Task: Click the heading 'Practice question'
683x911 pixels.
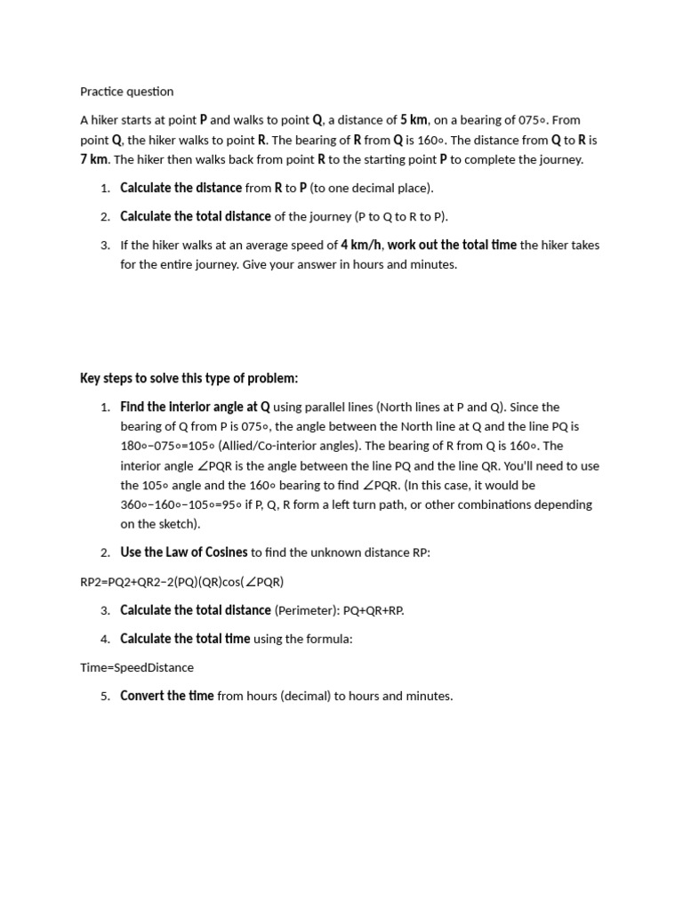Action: coord(126,92)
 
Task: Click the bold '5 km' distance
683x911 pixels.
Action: coord(414,120)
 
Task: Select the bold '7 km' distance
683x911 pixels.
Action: coord(93,159)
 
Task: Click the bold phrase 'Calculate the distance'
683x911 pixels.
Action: coord(181,188)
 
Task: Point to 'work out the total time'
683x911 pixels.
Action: coord(452,245)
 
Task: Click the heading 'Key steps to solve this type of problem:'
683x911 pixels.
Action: coord(189,378)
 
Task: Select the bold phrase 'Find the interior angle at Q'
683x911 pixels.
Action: coord(195,407)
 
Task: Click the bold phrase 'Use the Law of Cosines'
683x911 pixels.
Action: coord(184,552)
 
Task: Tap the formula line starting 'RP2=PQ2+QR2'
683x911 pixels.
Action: coord(181,582)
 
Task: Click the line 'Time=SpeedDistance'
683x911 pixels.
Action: coord(136,667)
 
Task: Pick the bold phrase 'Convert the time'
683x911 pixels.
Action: coord(166,696)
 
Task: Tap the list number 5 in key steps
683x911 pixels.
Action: coord(105,696)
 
